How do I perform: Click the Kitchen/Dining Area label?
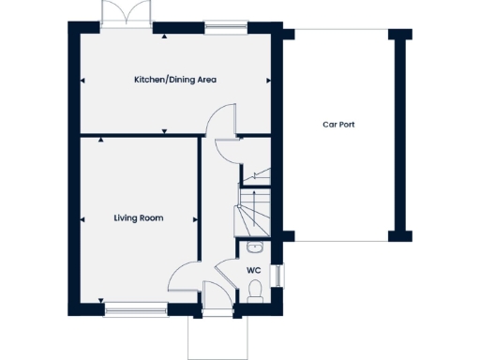pos(174,80)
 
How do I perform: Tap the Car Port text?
pos(338,124)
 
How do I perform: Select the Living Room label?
pos(139,217)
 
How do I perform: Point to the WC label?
pos(253,270)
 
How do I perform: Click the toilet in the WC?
pos(256,292)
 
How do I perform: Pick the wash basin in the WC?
pos(255,247)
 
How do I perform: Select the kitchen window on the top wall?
pos(222,30)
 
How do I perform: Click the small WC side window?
pos(277,276)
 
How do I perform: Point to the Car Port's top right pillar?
pos(401,35)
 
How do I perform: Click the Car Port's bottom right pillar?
pos(401,233)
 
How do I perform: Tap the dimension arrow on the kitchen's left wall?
pos(82,81)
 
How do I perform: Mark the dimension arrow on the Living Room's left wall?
pos(82,218)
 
